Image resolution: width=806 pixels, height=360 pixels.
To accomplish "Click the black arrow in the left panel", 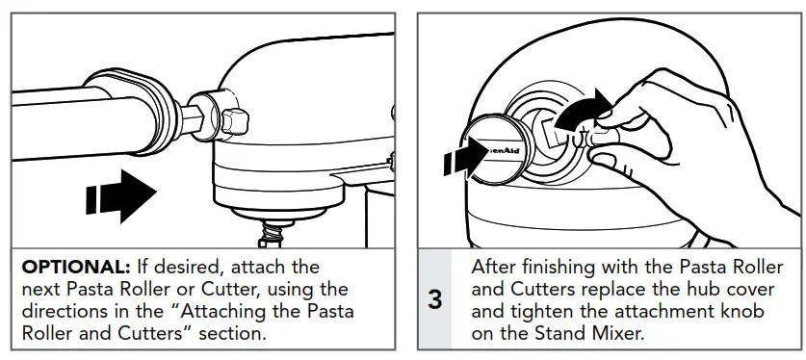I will (x=120, y=194).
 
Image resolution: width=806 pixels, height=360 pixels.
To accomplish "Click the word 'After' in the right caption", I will (x=493, y=266).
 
